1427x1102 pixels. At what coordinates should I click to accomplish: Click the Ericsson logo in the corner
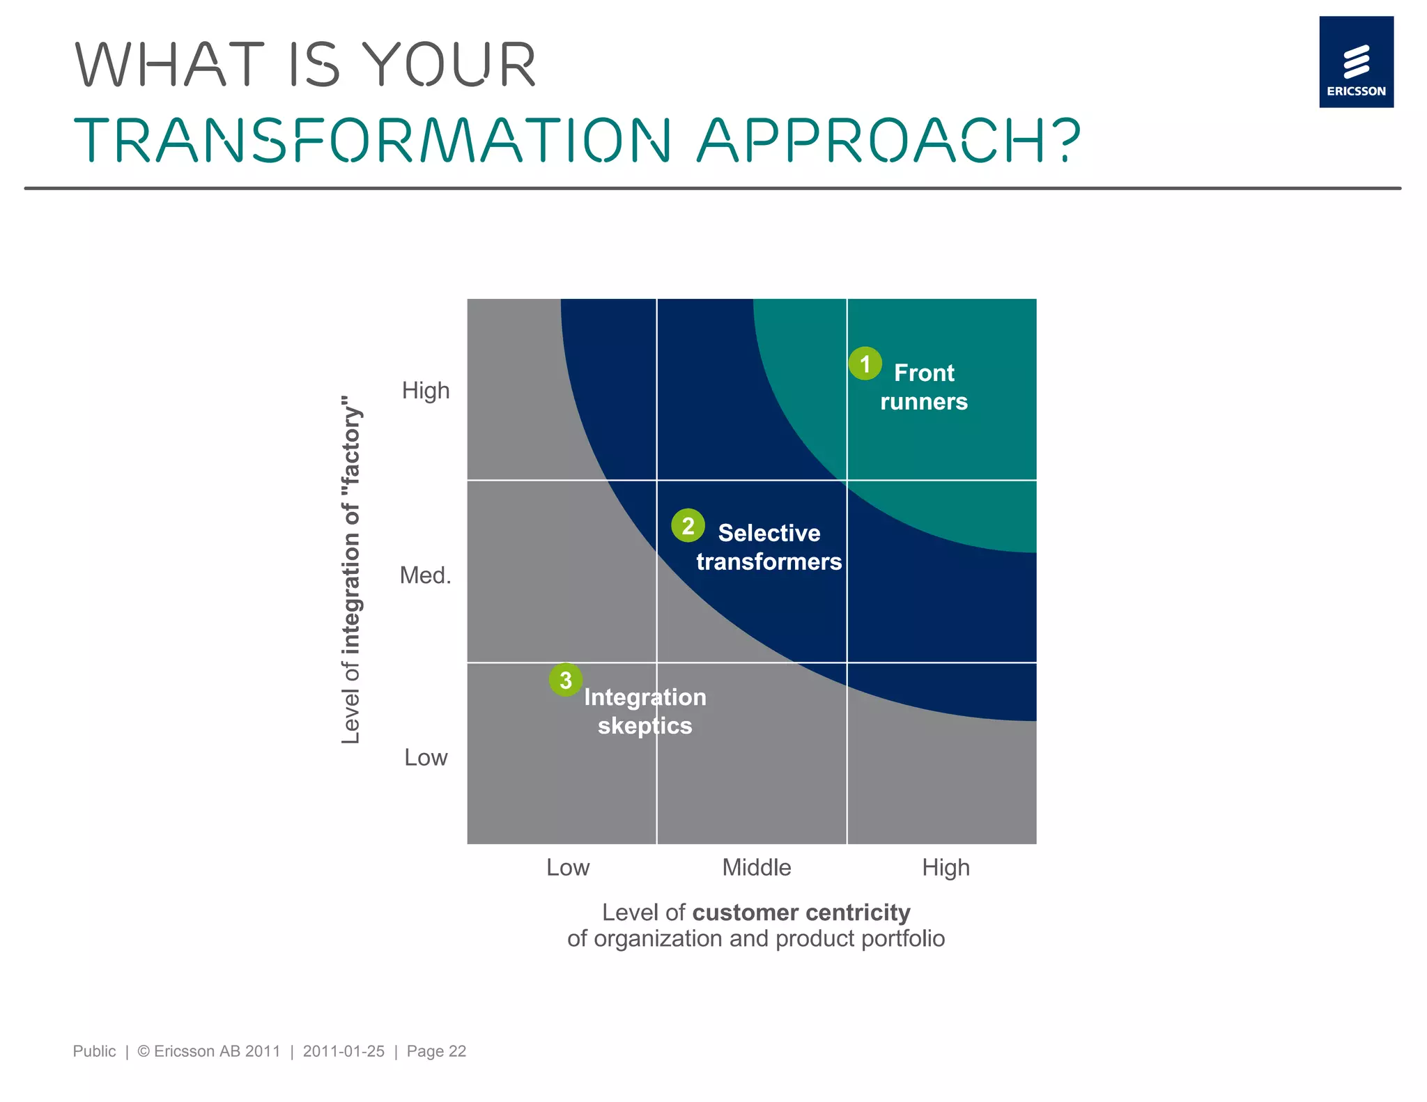(x=1355, y=62)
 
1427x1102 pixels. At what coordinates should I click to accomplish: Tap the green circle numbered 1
(x=865, y=364)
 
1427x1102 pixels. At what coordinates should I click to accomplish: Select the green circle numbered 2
(x=688, y=525)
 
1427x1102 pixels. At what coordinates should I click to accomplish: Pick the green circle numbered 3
(x=565, y=680)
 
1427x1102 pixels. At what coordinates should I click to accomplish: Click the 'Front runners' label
(x=923, y=387)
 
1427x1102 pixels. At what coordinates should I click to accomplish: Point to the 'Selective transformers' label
(x=769, y=547)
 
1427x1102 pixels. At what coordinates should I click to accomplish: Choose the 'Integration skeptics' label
(x=645, y=711)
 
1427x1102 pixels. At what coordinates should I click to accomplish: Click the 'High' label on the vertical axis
(x=425, y=391)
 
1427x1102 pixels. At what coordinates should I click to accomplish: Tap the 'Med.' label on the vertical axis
(x=425, y=575)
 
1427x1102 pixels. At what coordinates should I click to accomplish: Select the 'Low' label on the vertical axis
(x=426, y=758)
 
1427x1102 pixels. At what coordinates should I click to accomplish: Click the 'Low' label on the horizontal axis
(x=567, y=868)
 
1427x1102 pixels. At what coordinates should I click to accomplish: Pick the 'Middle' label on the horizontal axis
(x=756, y=868)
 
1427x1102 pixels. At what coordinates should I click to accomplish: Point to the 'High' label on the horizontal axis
(x=946, y=868)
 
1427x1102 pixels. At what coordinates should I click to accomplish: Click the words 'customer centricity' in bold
(x=801, y=913)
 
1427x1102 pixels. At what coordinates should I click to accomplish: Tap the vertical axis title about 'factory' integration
(x=351, y=570)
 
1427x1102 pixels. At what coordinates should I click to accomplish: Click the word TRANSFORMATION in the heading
(x=373, y=140)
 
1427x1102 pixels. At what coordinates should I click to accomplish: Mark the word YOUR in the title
(x=451, y=65)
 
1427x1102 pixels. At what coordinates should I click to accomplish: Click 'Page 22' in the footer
(x=436, y=1051)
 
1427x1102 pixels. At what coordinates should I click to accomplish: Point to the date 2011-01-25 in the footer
(x=344, y=1051)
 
